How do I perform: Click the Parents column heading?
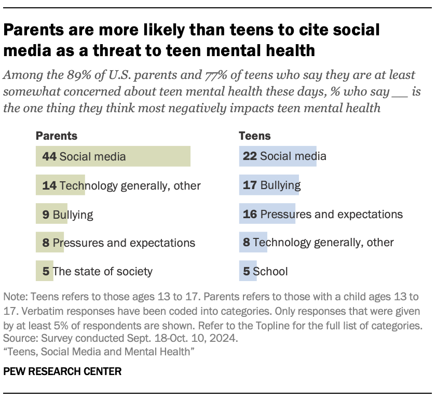pos(56,136)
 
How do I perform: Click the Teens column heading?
pos(254,136)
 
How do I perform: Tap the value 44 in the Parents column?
pos(49,156)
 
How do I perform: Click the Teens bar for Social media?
pos(278,156)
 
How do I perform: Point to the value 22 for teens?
pos(250,156)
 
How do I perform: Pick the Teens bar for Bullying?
pos(269,185)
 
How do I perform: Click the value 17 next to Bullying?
pos(250,185)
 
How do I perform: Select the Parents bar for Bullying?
pos(51,214)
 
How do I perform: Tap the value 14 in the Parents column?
pos(49,185)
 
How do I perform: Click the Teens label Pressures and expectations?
pos(331,214)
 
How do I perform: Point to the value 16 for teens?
pos(250,214)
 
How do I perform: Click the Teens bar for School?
pos(248,271)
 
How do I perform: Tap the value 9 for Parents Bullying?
pos(46,214)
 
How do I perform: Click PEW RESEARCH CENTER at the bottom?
pos(62,371)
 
